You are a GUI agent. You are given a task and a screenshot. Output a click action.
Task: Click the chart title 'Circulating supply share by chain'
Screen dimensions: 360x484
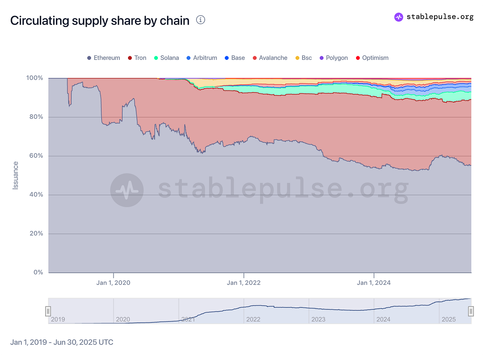[100, 21]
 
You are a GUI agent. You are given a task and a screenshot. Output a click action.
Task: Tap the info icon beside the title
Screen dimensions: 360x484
[200, 20]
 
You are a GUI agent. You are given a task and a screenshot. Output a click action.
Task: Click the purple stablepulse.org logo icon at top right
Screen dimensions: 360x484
[399, 17]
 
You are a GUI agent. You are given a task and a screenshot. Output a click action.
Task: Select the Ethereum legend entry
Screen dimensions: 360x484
[103, 58]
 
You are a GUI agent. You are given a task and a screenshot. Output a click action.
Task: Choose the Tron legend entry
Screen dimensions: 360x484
[137, 58]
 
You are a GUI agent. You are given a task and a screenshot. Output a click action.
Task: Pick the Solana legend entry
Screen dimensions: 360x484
[167, 58]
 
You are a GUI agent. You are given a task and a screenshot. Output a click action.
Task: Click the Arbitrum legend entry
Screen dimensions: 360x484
[202, 58]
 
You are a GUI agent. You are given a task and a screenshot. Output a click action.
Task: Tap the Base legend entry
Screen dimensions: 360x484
[235, 58]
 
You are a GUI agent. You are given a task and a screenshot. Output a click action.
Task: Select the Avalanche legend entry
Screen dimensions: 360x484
[270, 58]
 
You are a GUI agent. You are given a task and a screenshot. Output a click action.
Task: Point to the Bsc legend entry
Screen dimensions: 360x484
[303, 58]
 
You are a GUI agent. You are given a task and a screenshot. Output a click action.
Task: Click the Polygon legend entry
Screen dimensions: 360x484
[334, 58]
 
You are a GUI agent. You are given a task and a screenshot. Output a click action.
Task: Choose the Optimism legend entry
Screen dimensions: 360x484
[372, 58]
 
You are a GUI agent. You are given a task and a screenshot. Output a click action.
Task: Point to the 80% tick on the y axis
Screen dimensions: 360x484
[35, 117]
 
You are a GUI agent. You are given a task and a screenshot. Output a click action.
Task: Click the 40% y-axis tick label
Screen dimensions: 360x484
[35, 195]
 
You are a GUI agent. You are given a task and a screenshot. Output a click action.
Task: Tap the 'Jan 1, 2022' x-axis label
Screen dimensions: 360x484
[244, 283]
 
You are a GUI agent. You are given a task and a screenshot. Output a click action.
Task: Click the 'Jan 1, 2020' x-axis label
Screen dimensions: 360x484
[113, 283]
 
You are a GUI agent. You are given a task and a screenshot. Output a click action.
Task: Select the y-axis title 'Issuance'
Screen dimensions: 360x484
[15, 175]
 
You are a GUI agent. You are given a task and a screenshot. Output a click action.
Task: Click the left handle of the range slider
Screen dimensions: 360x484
[48, 311]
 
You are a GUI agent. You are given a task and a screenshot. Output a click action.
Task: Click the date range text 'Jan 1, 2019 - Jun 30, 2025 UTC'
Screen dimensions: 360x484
[62, 342]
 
